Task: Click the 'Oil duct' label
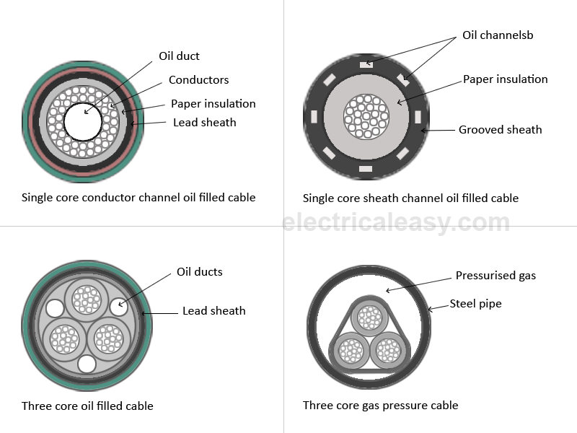point(179,56)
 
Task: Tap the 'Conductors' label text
point(198,80)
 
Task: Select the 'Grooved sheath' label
point(500,130)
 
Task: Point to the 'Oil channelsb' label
point(498,35)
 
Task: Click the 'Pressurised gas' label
point(495,276)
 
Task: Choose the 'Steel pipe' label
point(475,304)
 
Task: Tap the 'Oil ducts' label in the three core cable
point(199,272)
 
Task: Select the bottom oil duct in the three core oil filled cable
point(87,363)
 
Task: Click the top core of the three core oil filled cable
point(87,298)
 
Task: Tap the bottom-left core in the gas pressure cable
point(351,351)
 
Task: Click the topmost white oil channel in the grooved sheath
point(366,64)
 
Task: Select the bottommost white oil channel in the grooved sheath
point(366,168)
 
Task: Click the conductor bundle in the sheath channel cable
point(367,116)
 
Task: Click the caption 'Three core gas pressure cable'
point(380,406)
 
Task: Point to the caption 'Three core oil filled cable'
point(87,406)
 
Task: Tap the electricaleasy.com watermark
point(395,222)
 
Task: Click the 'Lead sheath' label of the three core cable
point(213,311)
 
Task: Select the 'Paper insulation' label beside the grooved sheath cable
point(505,79)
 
